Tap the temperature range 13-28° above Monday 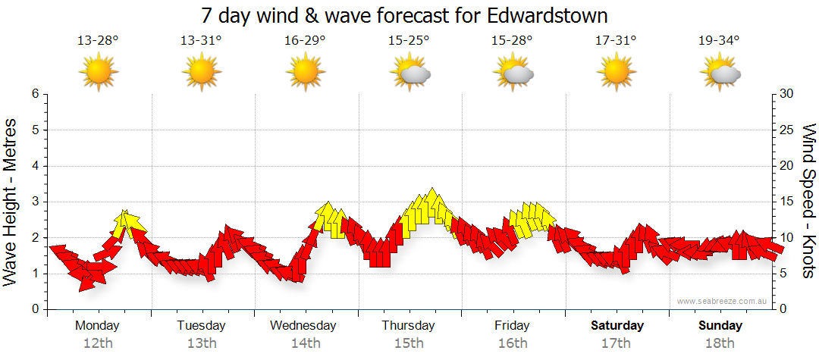[98, 41]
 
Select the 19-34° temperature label [719, 41]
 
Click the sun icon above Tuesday [202, 72]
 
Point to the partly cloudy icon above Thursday [409, 73]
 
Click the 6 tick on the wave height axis [34, 94]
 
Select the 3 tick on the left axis [34, 202]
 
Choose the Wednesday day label [303, 325]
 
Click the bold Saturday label [617, 325]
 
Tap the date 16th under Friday [513, 343]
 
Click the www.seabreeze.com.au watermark [723, 301]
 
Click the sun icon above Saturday [617, 72]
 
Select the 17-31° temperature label [616, 41]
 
